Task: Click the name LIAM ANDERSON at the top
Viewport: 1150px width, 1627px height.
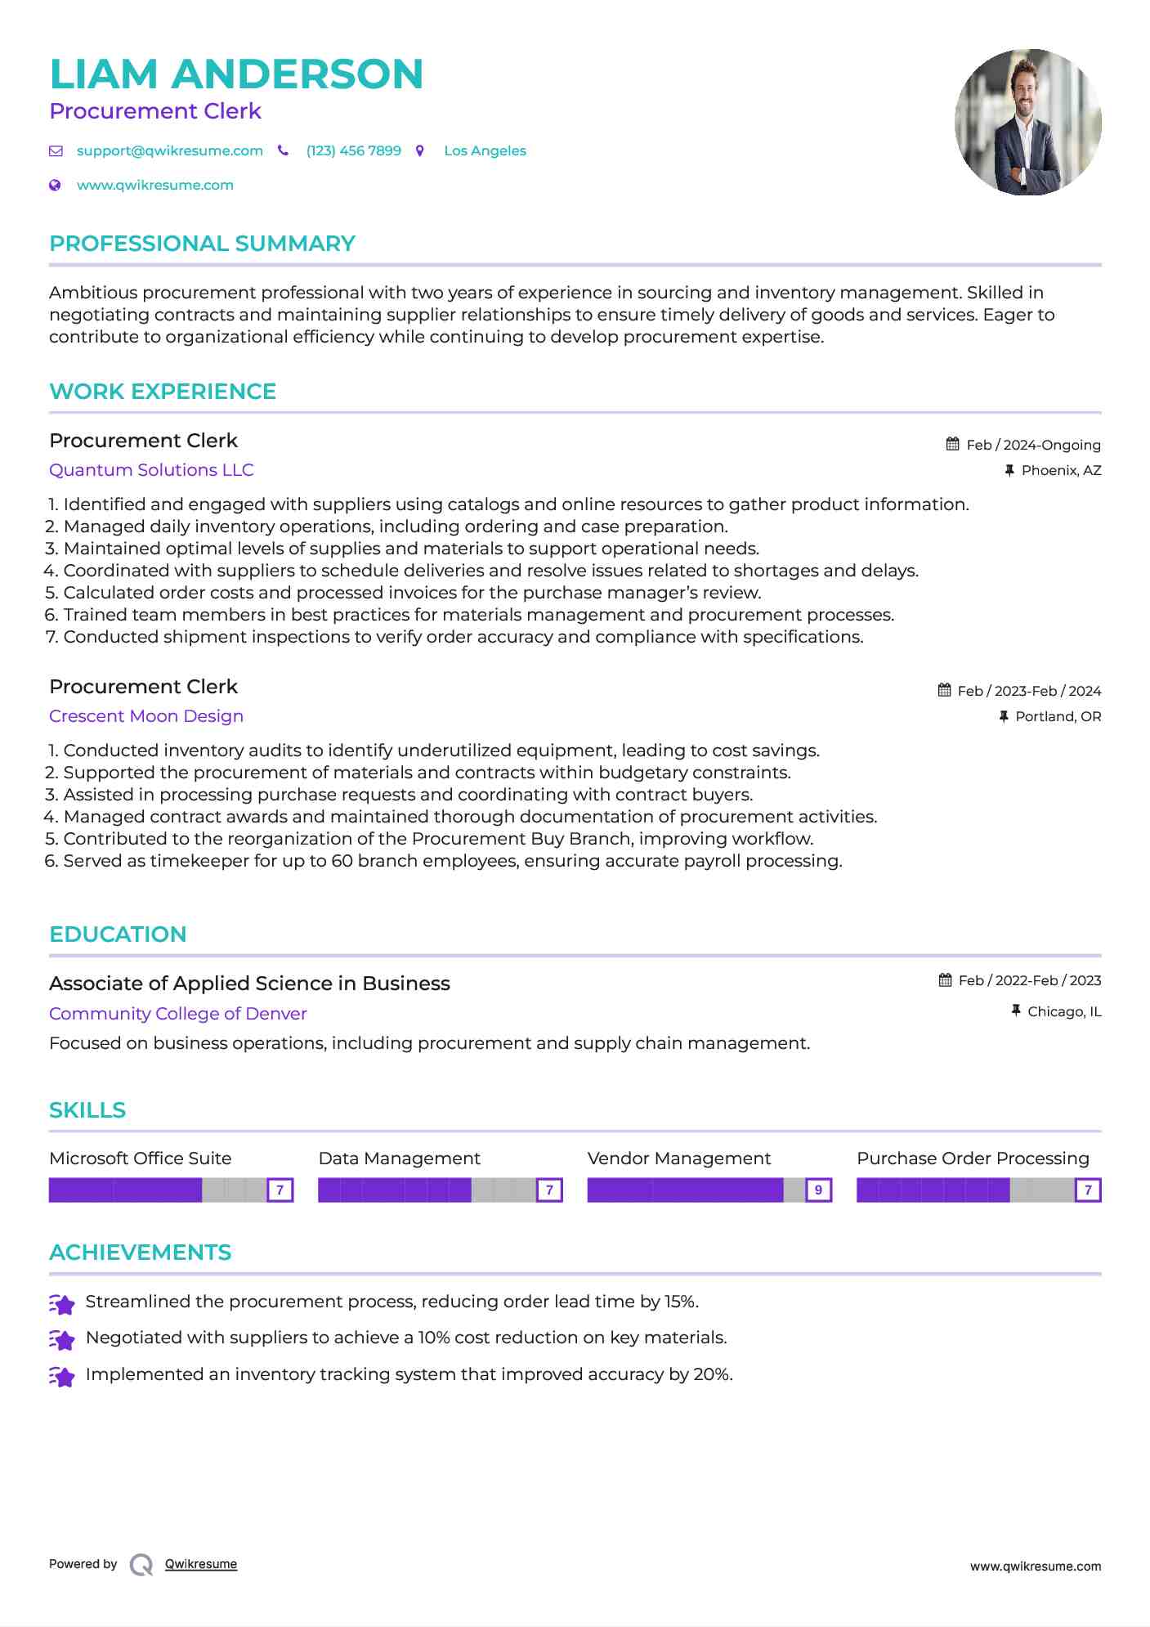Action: pyautogui.click(x=236, y=74)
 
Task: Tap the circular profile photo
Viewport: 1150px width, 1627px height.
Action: pyautogui.click(x=1027, y=123)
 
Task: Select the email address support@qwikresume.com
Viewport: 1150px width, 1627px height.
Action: pyautogui.click(x=169, y=151)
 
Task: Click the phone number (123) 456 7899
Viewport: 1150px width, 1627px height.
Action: pyautogui.click(x=353, y=151)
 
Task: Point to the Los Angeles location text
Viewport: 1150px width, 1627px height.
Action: pyautogui.click(x=485, y=151)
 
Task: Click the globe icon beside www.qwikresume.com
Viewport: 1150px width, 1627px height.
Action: pyautogui.click(x=56, y=186)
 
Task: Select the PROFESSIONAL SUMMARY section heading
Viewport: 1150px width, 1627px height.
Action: pyautogui.click(x=202, y=244)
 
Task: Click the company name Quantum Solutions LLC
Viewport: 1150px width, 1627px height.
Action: pyautogui.click(x=151, y=470)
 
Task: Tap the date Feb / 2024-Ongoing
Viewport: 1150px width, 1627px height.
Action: pyautogui.click(x=1033, y=446)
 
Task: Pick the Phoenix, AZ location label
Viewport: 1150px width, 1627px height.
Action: pyautogui.click(x=1061, y=471)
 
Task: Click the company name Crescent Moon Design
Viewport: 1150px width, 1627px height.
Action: pyautogui.click(x=146, y=716)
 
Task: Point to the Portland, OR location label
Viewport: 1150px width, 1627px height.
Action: pyautogui.click(x=1058, y=717)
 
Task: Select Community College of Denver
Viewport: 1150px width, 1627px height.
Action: pyautogui.click(x=178, y=1014)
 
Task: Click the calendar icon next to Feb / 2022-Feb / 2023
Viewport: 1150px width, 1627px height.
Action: pyautogui.click(x=946, y=980)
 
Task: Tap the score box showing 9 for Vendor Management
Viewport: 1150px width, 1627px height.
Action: pyautogui.click(x=818, y=1190)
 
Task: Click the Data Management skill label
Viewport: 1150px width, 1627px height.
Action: pyautogui.click(x=399, y=1159)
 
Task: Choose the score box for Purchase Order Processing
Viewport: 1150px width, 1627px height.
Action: pyautogui.click(x=1088, y=1190)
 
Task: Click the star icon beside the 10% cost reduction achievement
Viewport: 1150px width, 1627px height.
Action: pyautogui.click(x=62, y=1339)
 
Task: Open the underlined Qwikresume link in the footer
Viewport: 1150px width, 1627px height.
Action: pyautogui.click(x=201, y=1564)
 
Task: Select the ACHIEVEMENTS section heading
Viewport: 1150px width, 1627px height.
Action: pyautogui.click(x=140, y=1253)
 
